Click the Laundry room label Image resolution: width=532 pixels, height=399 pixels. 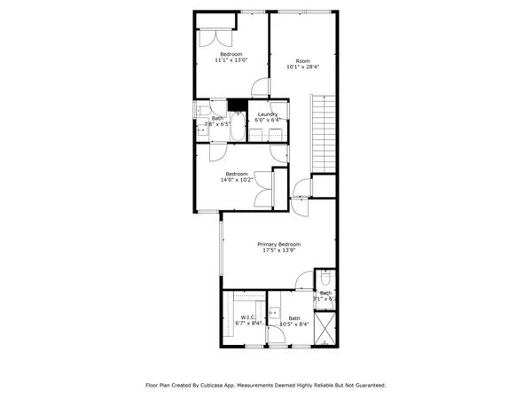268,114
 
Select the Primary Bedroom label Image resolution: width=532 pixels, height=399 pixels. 279,244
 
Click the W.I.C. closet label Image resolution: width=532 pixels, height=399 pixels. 247,317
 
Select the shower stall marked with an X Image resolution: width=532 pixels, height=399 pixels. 325,330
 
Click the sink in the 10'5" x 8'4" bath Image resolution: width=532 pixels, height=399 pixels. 276,312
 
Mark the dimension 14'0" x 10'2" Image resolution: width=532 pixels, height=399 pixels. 236,180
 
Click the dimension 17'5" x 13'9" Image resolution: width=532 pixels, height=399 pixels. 279,251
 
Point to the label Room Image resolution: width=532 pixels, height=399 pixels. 302,60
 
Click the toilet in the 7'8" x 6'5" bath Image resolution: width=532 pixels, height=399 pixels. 202,110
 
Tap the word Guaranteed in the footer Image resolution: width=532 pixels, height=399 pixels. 367,386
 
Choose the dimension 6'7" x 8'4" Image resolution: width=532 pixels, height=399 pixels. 247,324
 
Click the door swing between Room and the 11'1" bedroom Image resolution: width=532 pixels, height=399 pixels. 260,87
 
